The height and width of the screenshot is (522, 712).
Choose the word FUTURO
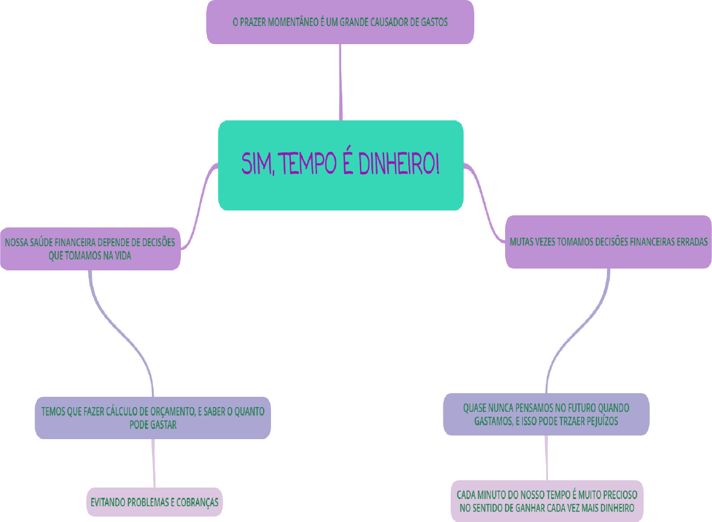coord(571,408)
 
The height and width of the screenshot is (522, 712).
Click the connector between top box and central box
coord(341,82)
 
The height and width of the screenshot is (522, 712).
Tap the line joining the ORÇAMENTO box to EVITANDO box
coord(153,463)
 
